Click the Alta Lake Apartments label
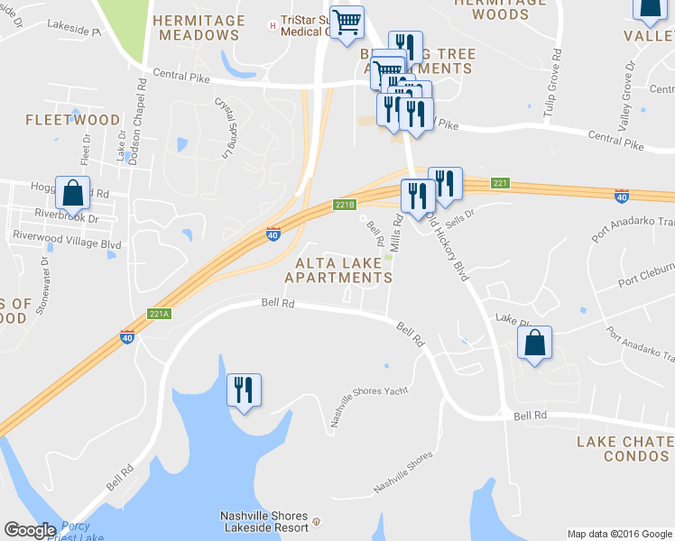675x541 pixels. [x=338, y=270]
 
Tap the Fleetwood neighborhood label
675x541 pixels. [x=72, y=120]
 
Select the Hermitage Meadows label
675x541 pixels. [x=199, y=28]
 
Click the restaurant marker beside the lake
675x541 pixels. [x=244, y=390]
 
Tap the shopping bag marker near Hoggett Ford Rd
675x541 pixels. [x=72, y=193]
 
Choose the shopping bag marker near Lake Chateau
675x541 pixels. [x=535, y=343]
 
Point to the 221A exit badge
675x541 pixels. [x=158, y=315]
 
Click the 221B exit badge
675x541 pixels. [x=344, y=205]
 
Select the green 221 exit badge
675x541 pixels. [x=502, y=184]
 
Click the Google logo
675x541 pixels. [x=30, y=530]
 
